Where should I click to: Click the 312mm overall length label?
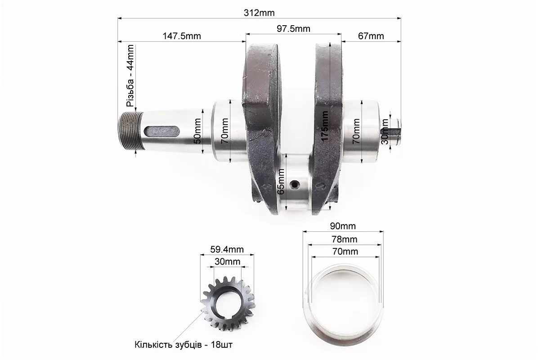[x=259, y=13]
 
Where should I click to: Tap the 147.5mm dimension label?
[x=182, y=36]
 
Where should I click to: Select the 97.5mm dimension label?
[x=293, y=28]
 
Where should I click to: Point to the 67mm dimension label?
[x=371, y=36]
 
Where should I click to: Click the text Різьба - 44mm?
[x=130, y=76]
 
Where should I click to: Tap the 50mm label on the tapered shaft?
[x=197, y=131]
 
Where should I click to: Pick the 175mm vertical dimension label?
[x=325, y=126]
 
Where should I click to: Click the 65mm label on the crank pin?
[x=281, y=182]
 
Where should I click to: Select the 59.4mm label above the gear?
[x=227, y=249]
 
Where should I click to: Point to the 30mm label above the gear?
[x=228, y=261]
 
